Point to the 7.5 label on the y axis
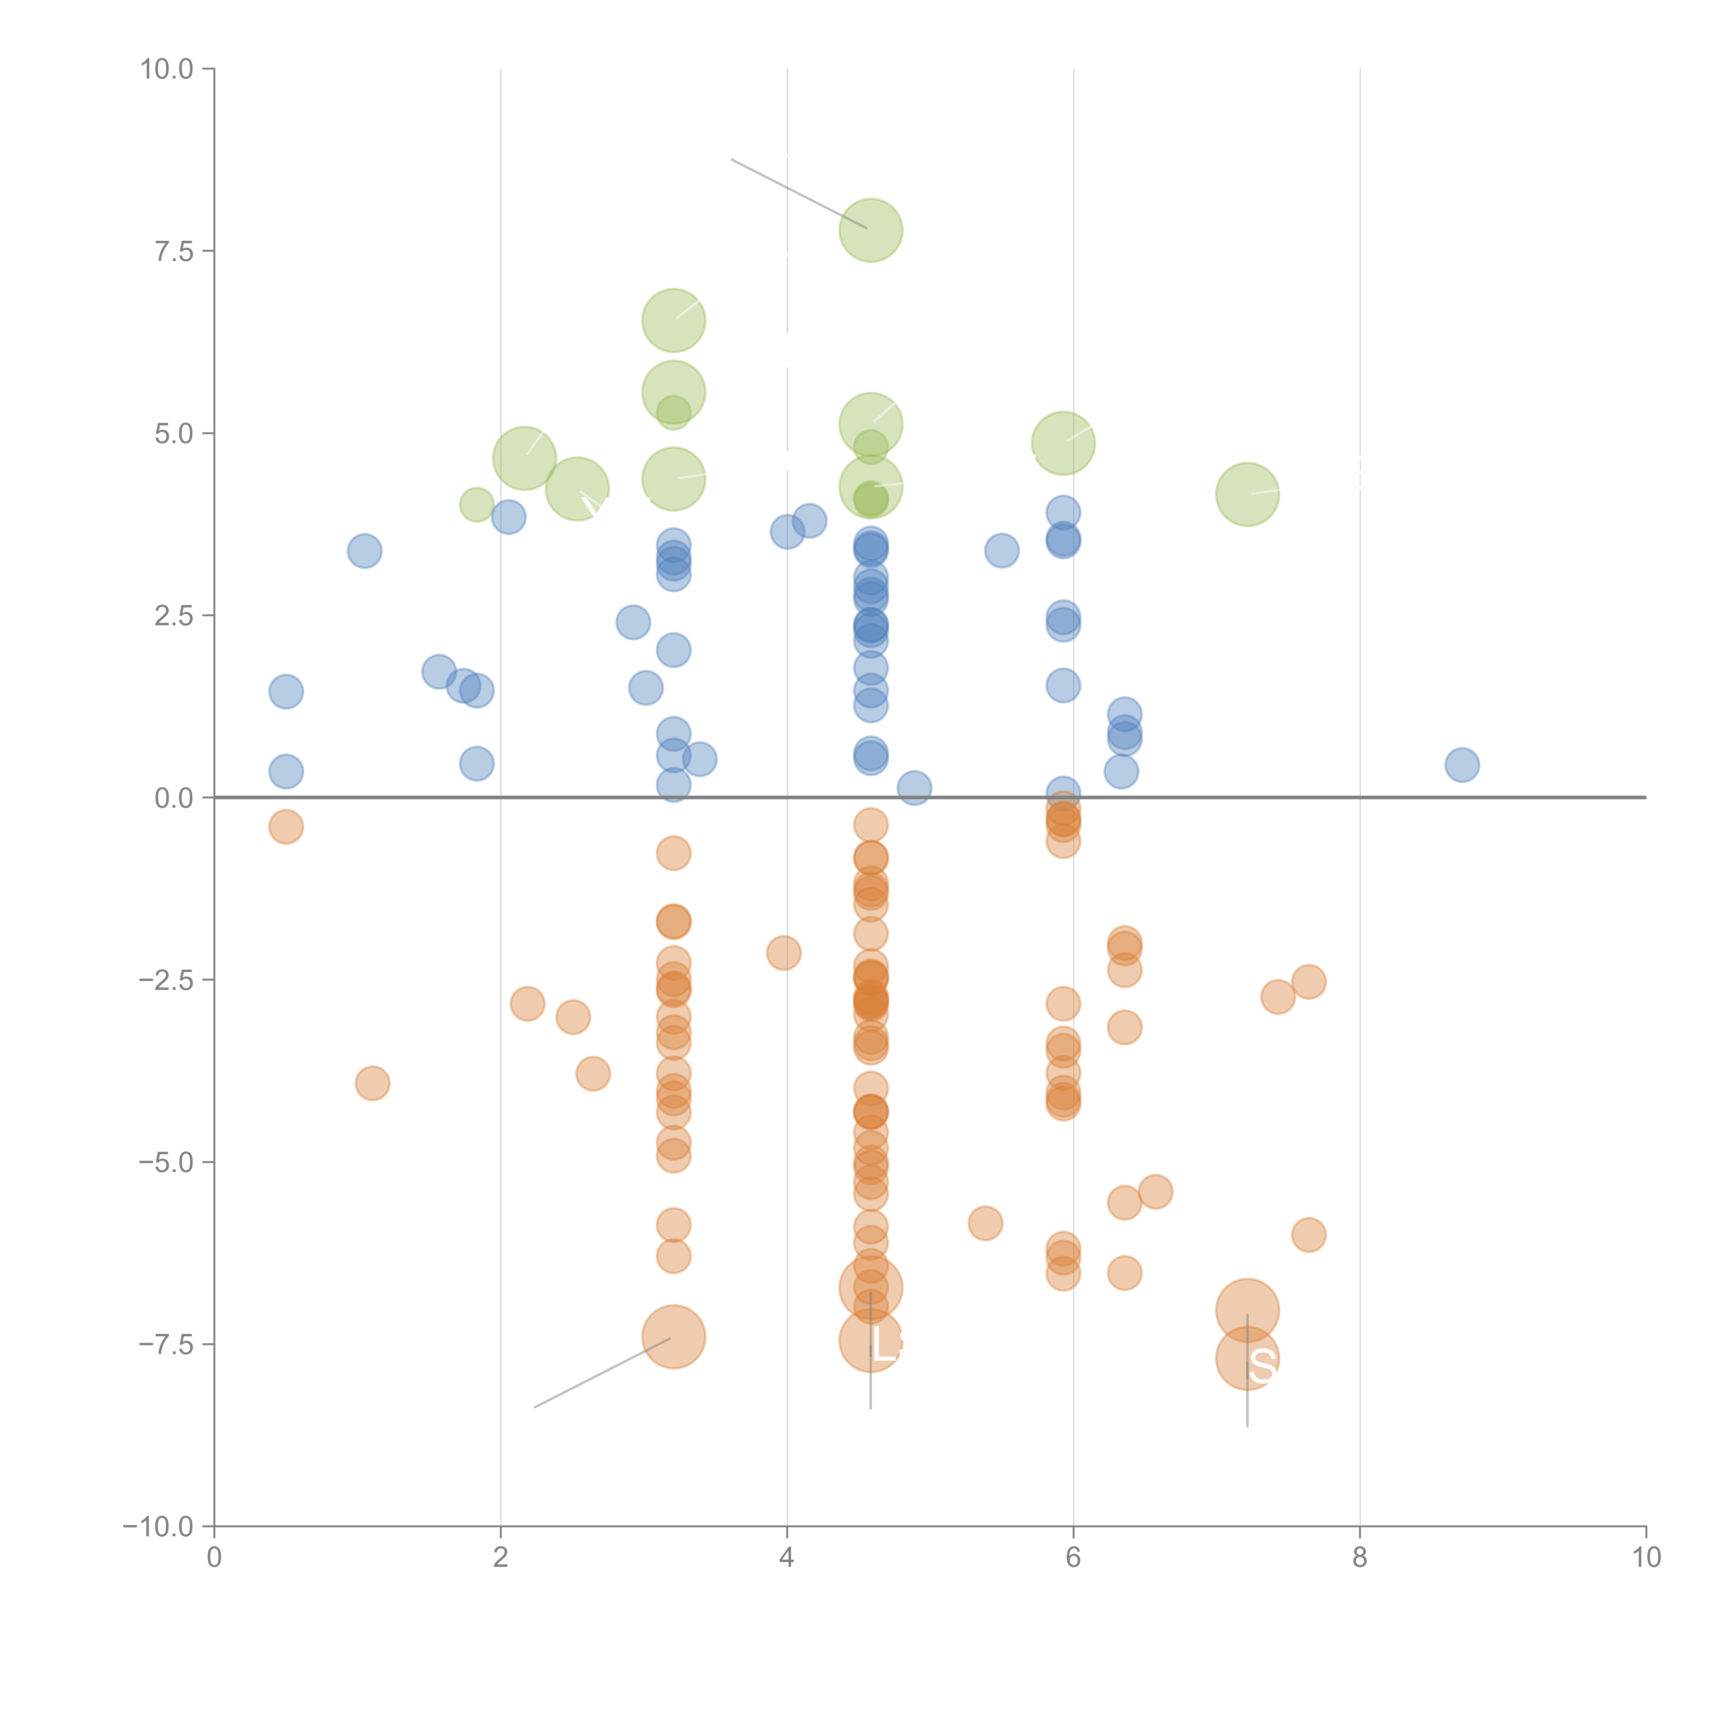pos(174,251)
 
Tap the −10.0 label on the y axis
pos(158,1527)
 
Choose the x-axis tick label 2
pos(501,1558)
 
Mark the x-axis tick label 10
pos(1646,1558)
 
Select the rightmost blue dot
pos(1461,764)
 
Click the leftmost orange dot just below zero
pos(286,826)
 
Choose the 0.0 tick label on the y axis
pos(174,798)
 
